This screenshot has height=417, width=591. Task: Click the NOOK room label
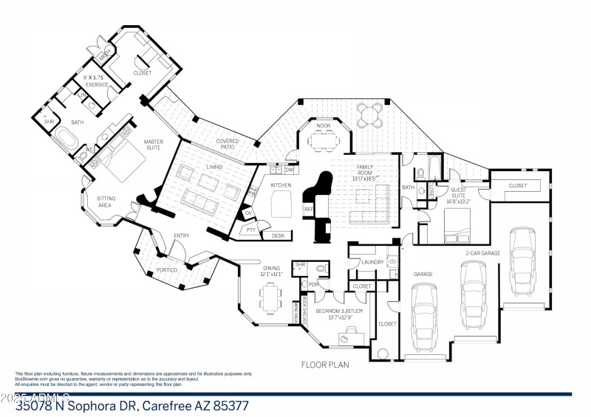point(324,126)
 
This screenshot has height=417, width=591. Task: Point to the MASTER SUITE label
point(153,145)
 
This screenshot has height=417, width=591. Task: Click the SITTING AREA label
point(106,201)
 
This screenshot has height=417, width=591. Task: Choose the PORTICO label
point(166,272)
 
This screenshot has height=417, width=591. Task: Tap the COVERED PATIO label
point(225,145)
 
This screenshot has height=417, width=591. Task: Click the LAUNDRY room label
point(372,261)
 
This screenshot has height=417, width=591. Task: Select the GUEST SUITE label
point(462,193)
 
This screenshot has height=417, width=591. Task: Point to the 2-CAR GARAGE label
point(482,253)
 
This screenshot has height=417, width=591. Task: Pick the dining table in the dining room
point(269,298)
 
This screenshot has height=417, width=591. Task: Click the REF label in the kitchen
point(309,210)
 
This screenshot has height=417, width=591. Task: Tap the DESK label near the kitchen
point(278,235)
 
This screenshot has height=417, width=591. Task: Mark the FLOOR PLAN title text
point(324,364)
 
